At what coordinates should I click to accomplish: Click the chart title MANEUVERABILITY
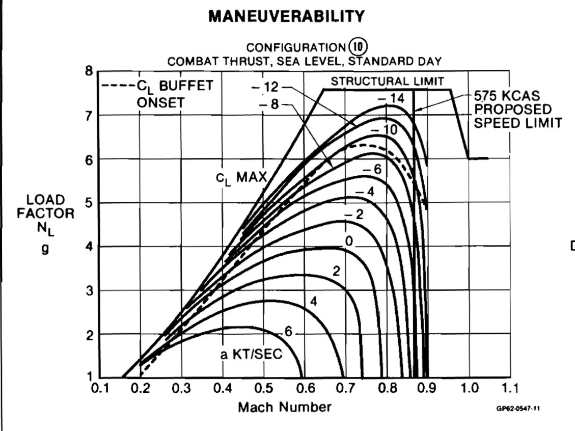287,17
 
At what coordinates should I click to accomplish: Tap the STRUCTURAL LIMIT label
388,81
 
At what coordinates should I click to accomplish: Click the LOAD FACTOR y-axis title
45,214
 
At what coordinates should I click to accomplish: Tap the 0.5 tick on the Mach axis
263,389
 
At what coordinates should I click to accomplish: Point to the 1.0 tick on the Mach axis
469,389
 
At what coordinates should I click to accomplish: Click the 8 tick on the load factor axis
90,71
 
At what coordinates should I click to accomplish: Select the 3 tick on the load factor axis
90,290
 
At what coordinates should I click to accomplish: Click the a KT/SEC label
251,355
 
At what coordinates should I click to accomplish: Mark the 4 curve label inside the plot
314,302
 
